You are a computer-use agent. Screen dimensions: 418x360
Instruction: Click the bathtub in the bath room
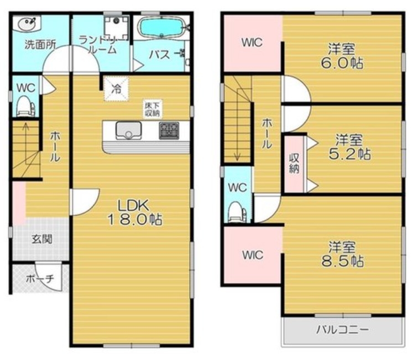161,27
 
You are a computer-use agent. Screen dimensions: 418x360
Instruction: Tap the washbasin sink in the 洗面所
27,23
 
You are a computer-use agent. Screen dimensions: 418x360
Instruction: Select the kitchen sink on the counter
128,131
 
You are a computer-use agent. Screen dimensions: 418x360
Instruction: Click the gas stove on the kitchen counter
169,131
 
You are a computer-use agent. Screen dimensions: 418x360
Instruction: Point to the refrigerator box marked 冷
116,89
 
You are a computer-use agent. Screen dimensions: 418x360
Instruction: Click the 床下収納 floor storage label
152,109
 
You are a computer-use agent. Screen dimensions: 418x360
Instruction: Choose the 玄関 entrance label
41,239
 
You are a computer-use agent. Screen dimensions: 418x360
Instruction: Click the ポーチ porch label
40,279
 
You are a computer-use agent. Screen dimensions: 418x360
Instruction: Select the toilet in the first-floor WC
25,106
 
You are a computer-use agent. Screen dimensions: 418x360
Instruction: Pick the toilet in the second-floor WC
238,211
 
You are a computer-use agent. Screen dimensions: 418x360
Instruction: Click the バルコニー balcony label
343,330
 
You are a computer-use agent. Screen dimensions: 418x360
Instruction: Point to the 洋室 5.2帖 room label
349,147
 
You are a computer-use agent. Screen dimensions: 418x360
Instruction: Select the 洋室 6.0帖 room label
342,56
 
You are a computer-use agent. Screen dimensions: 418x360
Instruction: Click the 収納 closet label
294,164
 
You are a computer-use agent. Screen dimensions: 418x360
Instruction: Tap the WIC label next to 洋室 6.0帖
252,43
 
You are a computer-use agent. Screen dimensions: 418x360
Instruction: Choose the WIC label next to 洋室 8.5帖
253,255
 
